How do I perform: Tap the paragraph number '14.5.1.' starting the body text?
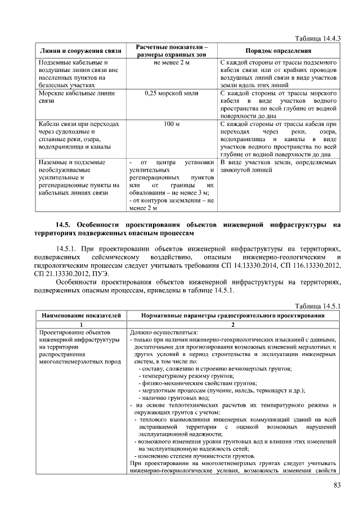(x=67, y=248)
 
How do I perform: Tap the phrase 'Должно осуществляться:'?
(x=160, y=333)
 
